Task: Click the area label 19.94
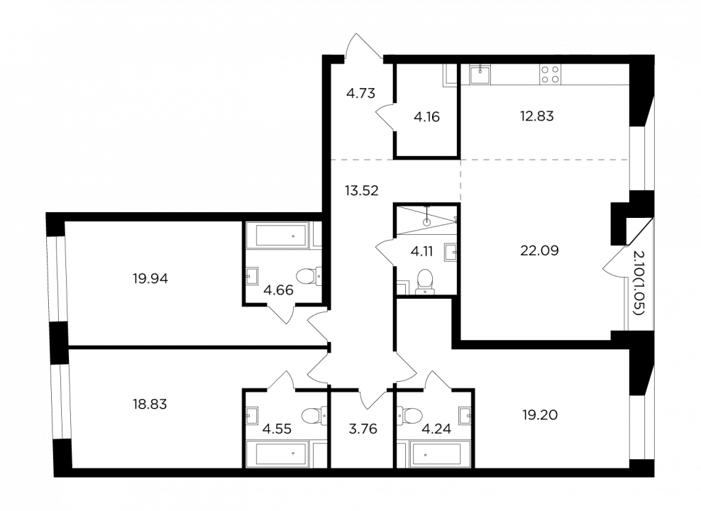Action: coord(150,279)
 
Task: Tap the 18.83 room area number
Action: coord(150,404)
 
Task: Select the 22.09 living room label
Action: coord(540,251)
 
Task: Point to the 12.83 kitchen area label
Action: coord(537,116)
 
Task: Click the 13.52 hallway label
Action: coord(362,191)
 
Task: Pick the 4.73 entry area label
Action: coord(360,94)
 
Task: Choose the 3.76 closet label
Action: coord(363,429)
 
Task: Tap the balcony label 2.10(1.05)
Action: coord(639,283)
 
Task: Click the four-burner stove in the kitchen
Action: coord(549,75)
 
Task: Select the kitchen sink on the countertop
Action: coord(480,75)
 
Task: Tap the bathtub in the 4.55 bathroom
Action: coord(281,454)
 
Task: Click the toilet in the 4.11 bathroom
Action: coord(425,282)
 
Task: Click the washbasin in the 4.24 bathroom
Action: coord(465,416)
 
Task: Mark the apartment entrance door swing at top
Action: coord(363,46)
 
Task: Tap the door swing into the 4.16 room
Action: coord(385,116)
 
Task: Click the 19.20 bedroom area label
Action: coord(540,415)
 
